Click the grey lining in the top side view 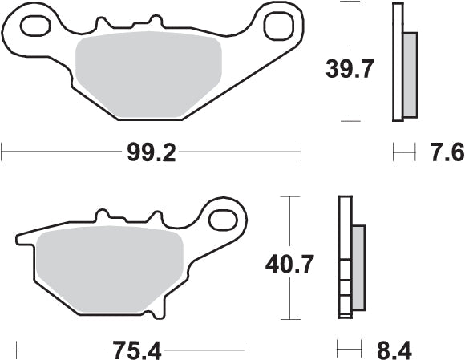click(x=410, y=72)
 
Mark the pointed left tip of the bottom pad click(x=18, y=238)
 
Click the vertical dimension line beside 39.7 click(x=347, y=62)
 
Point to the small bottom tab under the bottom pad click(x=160, y=311)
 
